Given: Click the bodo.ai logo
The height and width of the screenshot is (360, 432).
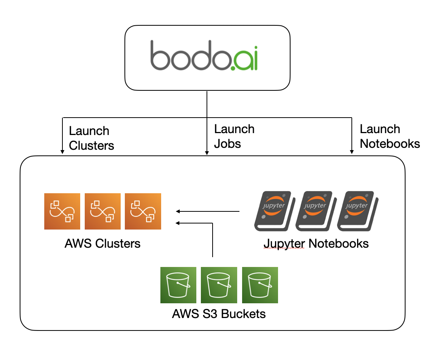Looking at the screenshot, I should [x=204, y=56].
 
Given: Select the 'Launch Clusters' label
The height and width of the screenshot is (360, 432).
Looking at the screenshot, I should [x=91, y=138].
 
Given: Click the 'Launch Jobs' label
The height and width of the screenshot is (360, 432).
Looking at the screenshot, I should [x=234, y=137].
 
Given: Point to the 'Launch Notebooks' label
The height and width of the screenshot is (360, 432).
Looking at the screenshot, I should [x=389, y=137].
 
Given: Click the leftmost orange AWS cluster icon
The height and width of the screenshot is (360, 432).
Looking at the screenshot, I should [x=62, y=211].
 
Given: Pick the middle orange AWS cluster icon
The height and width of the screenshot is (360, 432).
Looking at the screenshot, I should [x=103, y=211].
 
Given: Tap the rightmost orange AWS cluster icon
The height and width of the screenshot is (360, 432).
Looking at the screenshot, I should [x=143, y=211].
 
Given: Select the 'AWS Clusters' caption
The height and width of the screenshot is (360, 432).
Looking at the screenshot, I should [x=103, y=244].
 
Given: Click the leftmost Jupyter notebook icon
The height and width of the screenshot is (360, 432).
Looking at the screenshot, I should [x=274, y=211].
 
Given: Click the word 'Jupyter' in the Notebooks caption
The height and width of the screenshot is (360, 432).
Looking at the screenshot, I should [x=284, y=244].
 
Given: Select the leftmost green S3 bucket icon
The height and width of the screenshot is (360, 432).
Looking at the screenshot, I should [x=179, y=285].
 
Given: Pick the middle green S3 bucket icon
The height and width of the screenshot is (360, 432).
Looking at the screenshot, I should [x=219, y=285].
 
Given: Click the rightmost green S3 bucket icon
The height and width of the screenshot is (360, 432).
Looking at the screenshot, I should [x=260, y=285].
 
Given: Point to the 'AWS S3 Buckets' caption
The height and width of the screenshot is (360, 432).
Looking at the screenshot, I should [x=219, y=314].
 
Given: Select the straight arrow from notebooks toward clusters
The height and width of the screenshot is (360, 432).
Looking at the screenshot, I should [x=208, y=211].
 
